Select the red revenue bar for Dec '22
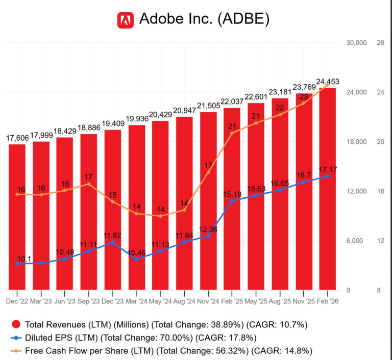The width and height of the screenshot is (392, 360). [17, 217]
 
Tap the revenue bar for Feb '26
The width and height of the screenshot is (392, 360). [327, 189]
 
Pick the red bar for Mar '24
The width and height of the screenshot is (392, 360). [136, 207]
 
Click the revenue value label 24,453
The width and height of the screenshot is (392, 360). [327, 82]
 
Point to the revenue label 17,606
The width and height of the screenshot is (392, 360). [17, 138]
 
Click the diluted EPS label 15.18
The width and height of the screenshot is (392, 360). [232, 194]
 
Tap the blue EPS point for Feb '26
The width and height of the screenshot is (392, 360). [327, 176]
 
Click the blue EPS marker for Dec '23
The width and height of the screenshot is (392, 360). [112, 242]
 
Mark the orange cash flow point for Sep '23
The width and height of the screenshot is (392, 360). [89, 184]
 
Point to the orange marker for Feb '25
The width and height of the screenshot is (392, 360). [232, 133]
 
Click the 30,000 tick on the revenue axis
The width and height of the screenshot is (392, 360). [356, 43]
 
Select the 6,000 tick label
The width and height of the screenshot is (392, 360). [356, 241]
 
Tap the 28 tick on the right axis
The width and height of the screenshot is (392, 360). [380, 43]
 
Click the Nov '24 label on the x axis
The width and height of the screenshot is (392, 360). [208, 301]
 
